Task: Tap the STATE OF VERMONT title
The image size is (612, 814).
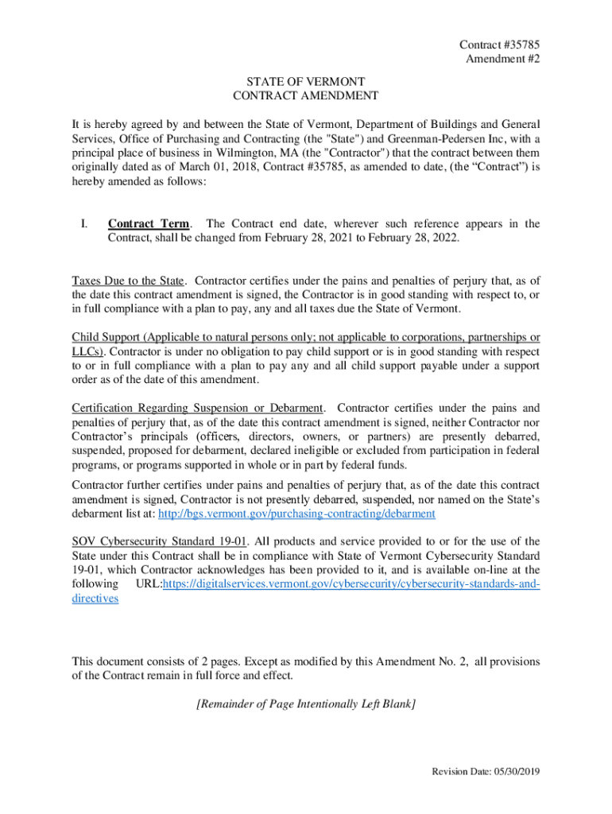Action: tap(305, 82)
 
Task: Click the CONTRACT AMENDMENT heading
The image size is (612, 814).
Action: tap(305, 96)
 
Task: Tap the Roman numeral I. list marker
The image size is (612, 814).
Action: tap(83, 224)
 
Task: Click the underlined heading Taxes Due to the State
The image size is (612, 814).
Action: tap(129, 281)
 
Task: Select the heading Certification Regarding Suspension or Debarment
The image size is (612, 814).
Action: tap(198, 409)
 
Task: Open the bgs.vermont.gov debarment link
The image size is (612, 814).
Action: tap(296, 514)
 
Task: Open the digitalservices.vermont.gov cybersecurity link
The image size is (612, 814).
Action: tap(351, 585)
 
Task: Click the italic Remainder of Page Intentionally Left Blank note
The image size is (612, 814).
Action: tap(305, 704)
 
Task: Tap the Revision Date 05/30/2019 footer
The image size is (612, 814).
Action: tap(485, 772)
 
